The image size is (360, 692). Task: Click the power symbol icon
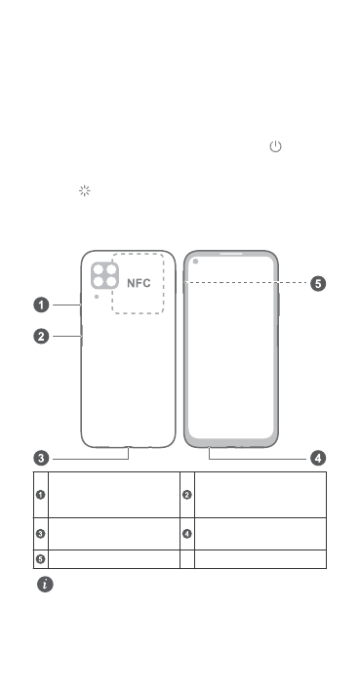[275, 146]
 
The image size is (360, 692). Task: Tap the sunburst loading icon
[84, 190]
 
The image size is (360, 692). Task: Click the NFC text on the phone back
[139, 283]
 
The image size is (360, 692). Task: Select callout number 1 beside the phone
[42, 305]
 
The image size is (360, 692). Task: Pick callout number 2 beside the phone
[42, 337]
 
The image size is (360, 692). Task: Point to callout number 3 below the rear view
[42, 458]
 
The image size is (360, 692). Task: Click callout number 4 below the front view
[318, 458]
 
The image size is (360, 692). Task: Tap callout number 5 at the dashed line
[318, 284]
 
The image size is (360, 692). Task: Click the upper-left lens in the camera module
[99, 269]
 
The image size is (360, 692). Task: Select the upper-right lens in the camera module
[111, 269]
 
